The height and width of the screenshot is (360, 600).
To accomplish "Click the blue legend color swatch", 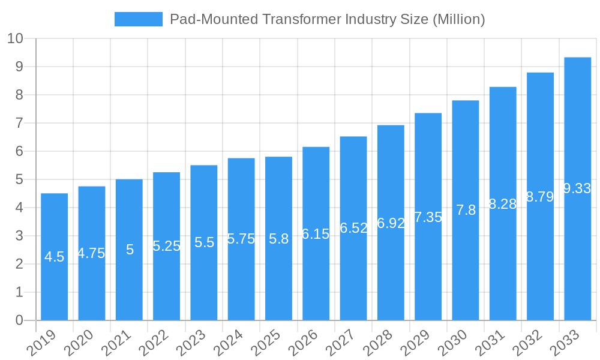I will pyautogui.click(x=138, y=19).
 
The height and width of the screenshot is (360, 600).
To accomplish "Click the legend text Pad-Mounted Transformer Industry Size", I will pyautogui.click(x=328, y=19).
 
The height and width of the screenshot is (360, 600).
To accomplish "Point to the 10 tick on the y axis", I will pyautogui.click(x=15, y=38).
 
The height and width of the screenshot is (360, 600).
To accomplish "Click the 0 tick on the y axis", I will pyautogui.click(x=19, y=320).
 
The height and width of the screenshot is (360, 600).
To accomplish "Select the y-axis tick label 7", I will pyautogui.click(x=19, y=123).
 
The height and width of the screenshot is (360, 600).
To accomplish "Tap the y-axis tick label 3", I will pyautogui.click(x=19, y=236).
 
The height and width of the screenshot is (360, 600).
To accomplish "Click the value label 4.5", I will pyautogui.click(x=55, y=257).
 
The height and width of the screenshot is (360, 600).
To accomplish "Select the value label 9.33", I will pyautogui.click(x=577, y=188).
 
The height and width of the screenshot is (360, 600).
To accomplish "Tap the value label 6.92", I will pyautogui.click(x=391, y=223).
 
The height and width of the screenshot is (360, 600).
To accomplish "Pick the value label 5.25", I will pyautogui.click(x=166, y=246).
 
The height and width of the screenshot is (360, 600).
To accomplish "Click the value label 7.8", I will pyautogui.click(x=466, y=210).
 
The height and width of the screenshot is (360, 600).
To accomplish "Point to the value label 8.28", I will pyautogui.click(x=503, y=204).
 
